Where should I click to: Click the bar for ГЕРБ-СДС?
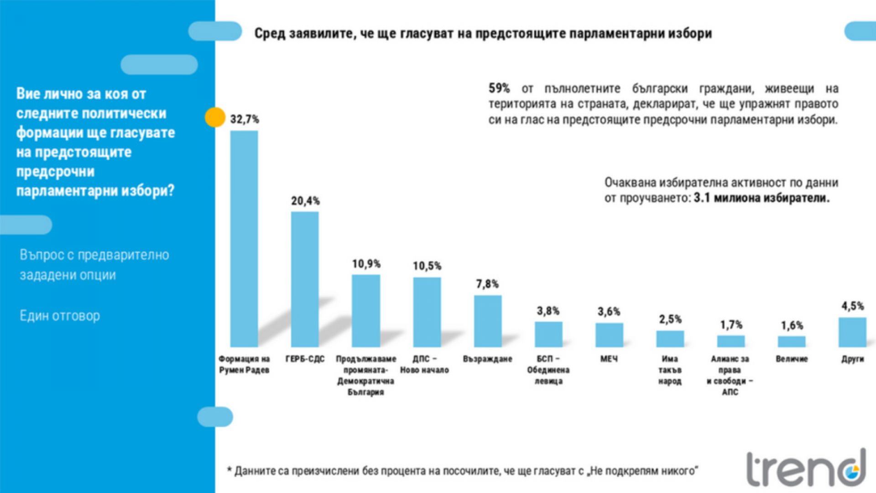305,279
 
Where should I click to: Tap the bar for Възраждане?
488,321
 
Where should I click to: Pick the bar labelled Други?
852,332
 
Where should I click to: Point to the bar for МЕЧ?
609,335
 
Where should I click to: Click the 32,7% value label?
245,120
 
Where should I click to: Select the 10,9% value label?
366,264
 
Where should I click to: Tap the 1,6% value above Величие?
792,325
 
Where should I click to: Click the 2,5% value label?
670,319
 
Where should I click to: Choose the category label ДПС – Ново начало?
425,364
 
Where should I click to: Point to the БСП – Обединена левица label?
548,370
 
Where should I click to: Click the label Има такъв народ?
670,370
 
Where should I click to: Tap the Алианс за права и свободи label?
730,375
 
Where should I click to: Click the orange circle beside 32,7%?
215,117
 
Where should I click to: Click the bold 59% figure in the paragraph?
499,88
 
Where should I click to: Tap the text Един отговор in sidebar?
60,315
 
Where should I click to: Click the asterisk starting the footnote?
229,470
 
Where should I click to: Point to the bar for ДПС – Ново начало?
427,312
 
